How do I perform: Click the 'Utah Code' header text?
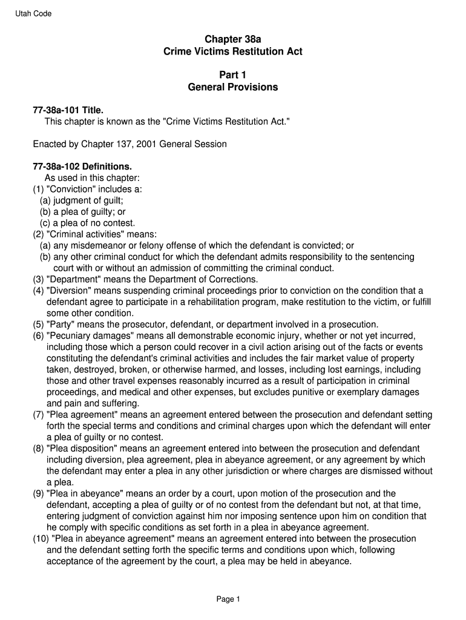tap(33, 14)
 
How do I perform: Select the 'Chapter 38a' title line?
tap(233, 39)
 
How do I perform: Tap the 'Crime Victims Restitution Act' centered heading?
tap(233, 52)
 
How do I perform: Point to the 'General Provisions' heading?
tap(233, 87)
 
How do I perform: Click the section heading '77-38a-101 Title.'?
tap(68, 110)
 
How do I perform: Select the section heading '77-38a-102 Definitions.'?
tap(82, 167)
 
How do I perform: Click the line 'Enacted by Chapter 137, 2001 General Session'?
tap(130, 144)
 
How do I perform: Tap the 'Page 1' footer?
tap(229, 599)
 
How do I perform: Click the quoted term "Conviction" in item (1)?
tap(68, 189)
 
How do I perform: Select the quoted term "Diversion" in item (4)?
tap(68, 291)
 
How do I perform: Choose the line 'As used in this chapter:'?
tap(92, 178)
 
